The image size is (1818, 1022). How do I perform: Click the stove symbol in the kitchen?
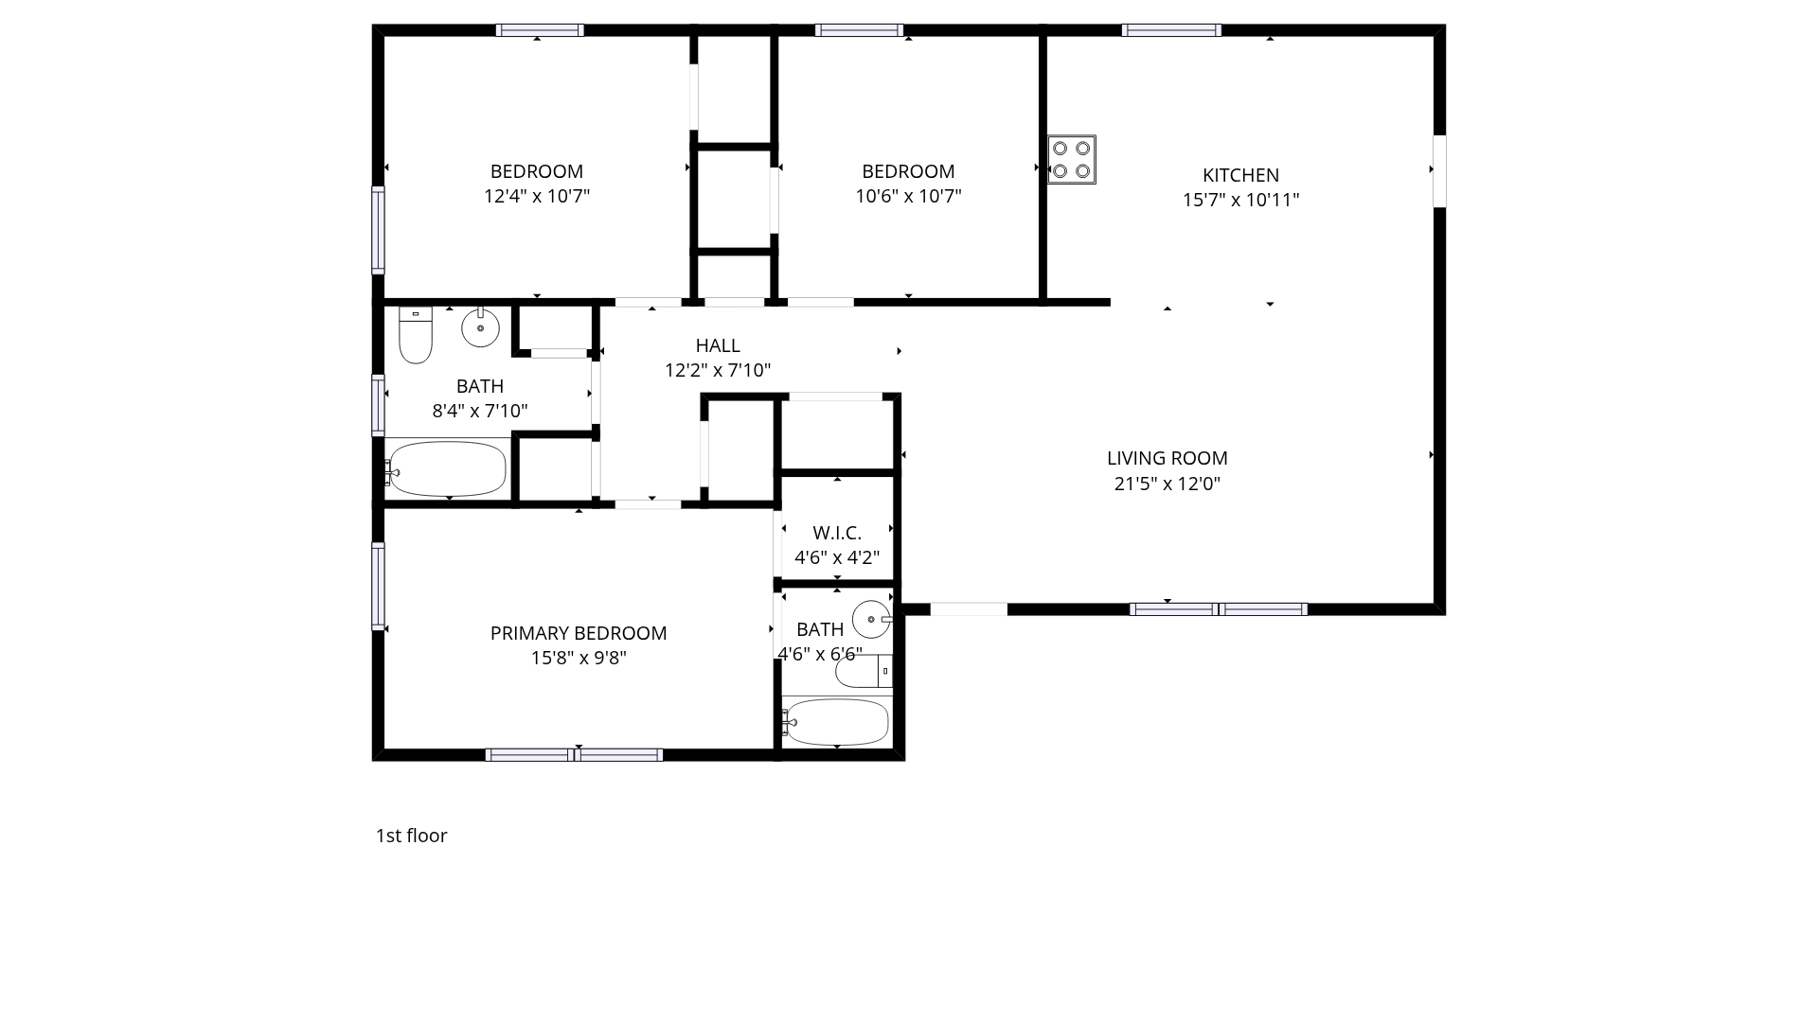1072,160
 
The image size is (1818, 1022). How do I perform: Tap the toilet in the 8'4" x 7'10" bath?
416,335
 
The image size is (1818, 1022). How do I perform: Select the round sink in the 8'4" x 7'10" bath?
481,327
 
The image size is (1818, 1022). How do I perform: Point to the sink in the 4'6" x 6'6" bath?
872,620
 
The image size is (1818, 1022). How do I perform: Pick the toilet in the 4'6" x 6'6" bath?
864,671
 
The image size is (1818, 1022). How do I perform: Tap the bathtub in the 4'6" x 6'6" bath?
835,723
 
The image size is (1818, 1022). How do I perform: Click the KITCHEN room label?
1240,175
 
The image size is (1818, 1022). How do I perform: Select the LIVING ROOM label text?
1167,458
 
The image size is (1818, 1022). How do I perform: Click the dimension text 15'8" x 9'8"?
579,658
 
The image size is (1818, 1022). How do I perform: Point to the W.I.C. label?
837,533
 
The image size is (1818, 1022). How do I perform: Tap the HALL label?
718,345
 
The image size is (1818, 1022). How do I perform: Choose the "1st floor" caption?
411,836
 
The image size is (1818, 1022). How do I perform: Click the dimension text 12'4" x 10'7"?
537,196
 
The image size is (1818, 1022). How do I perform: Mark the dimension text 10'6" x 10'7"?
908,196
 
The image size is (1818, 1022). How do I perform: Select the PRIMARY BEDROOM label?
579,633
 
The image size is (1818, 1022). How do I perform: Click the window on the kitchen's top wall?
1171,30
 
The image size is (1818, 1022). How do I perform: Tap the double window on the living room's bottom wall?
1219,609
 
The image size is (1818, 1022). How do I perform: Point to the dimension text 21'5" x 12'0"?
1167,484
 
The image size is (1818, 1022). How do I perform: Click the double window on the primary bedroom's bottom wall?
574,754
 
